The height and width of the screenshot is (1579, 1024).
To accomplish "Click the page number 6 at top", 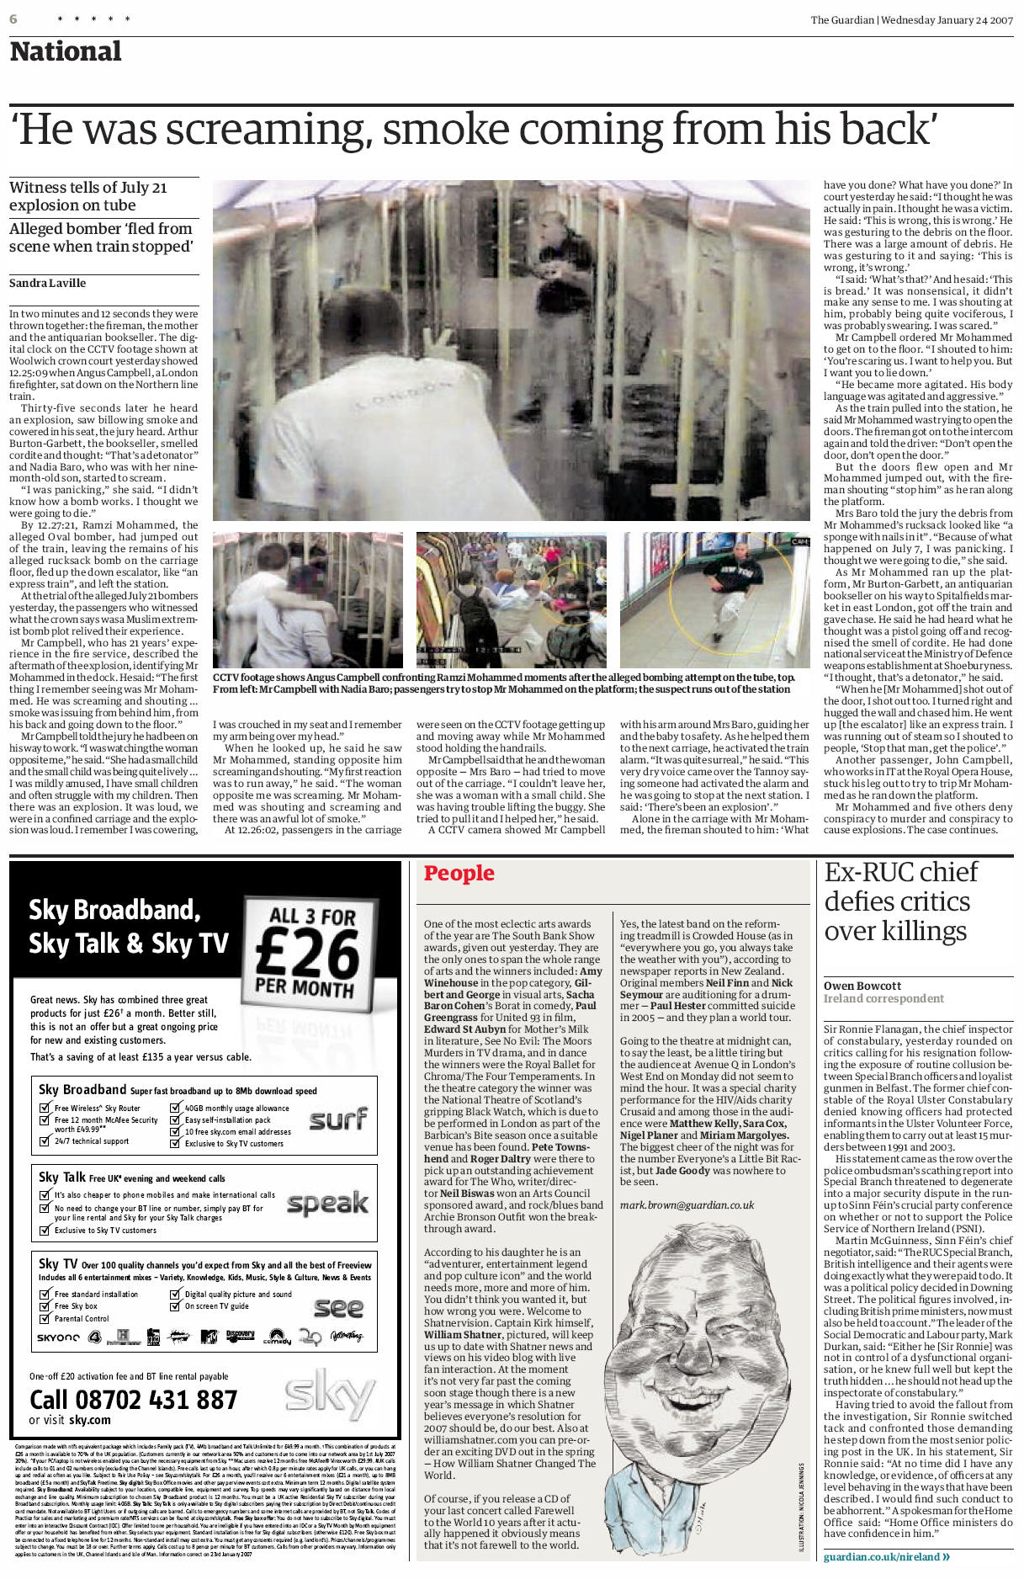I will [x=13, y=19].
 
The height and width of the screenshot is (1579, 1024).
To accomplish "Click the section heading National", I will [x=66, y=51].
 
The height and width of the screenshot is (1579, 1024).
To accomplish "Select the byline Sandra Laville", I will [x=47, y=283].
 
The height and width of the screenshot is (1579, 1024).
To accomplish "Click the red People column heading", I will [x=459, y=873].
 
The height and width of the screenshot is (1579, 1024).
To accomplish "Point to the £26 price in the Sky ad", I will [x=308, y=954].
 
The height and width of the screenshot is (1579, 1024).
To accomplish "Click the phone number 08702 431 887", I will [x=133, y=1400].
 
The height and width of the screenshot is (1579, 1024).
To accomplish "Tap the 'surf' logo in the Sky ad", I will [x=337, y=1119].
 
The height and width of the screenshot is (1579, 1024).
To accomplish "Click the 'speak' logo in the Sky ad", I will [x=327, y=1203].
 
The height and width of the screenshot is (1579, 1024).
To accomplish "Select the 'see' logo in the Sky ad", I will [x=338, y=1307].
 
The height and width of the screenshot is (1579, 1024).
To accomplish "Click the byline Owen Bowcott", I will [x=862, y=986].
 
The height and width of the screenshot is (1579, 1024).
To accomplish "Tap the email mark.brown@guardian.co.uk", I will [x=687, y=1205].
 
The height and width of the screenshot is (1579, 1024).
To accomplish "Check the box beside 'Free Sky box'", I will [x=45, y=1306].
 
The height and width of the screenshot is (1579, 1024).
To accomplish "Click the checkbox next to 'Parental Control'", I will [x=45, y=1318].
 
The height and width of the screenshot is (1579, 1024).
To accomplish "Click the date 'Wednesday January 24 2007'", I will [x=947, y=20].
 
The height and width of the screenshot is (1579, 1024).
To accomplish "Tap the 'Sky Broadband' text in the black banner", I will [x=114, y=910].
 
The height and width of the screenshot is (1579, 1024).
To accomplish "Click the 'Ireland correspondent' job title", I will [x=883, y=999].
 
